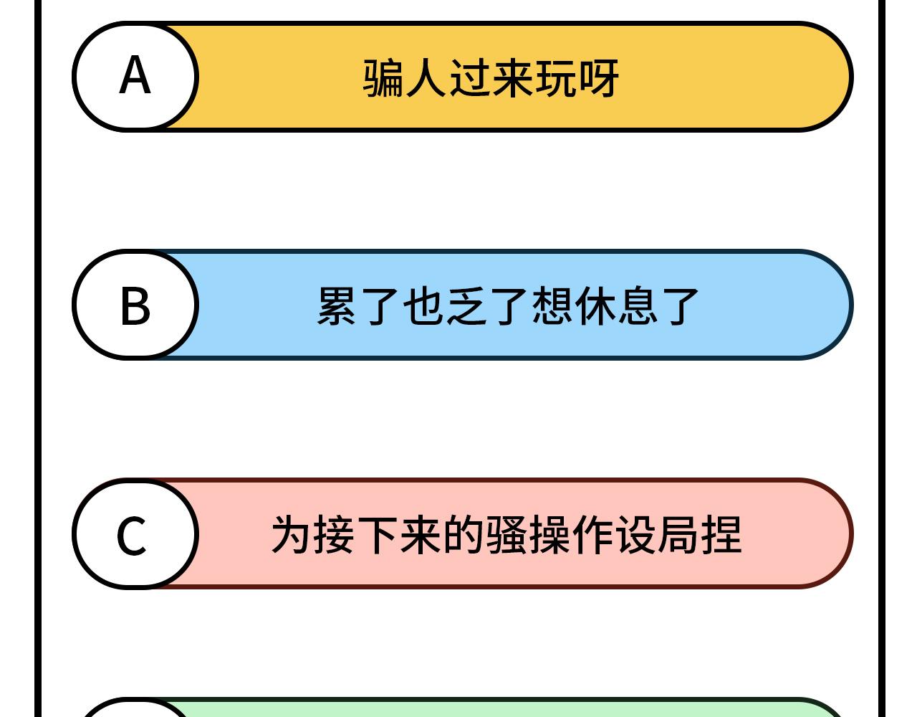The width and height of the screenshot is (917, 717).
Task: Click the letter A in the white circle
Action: (x=135, y=75)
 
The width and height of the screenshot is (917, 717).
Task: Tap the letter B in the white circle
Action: (x=135, y=305)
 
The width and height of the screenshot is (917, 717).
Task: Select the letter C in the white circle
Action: (x=132, y=536)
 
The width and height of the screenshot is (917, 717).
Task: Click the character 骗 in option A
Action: (x=383, y=78)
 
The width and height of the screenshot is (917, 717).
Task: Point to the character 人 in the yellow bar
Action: (x=426, y=78)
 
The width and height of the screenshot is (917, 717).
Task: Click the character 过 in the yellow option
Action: (x=469, y=78)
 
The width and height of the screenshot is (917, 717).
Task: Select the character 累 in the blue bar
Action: (x=336, y=306)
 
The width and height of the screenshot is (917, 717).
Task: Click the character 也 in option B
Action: (x=423, y=306)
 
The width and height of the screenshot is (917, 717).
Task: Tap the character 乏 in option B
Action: (x=466, y=306)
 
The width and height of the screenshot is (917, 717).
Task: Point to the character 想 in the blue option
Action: (x=552, y=306)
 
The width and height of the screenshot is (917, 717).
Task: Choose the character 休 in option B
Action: (x=595, y=306)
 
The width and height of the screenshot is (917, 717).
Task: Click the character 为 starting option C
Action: (x=292, y=535)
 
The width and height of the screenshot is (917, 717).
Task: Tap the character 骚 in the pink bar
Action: (x=506, y=535)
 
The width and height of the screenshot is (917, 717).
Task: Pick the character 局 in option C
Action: (x=678, y=535)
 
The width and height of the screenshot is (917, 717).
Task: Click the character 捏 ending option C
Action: (x=721, y=535)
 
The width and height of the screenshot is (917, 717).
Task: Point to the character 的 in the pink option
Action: (x=464, y=535)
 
